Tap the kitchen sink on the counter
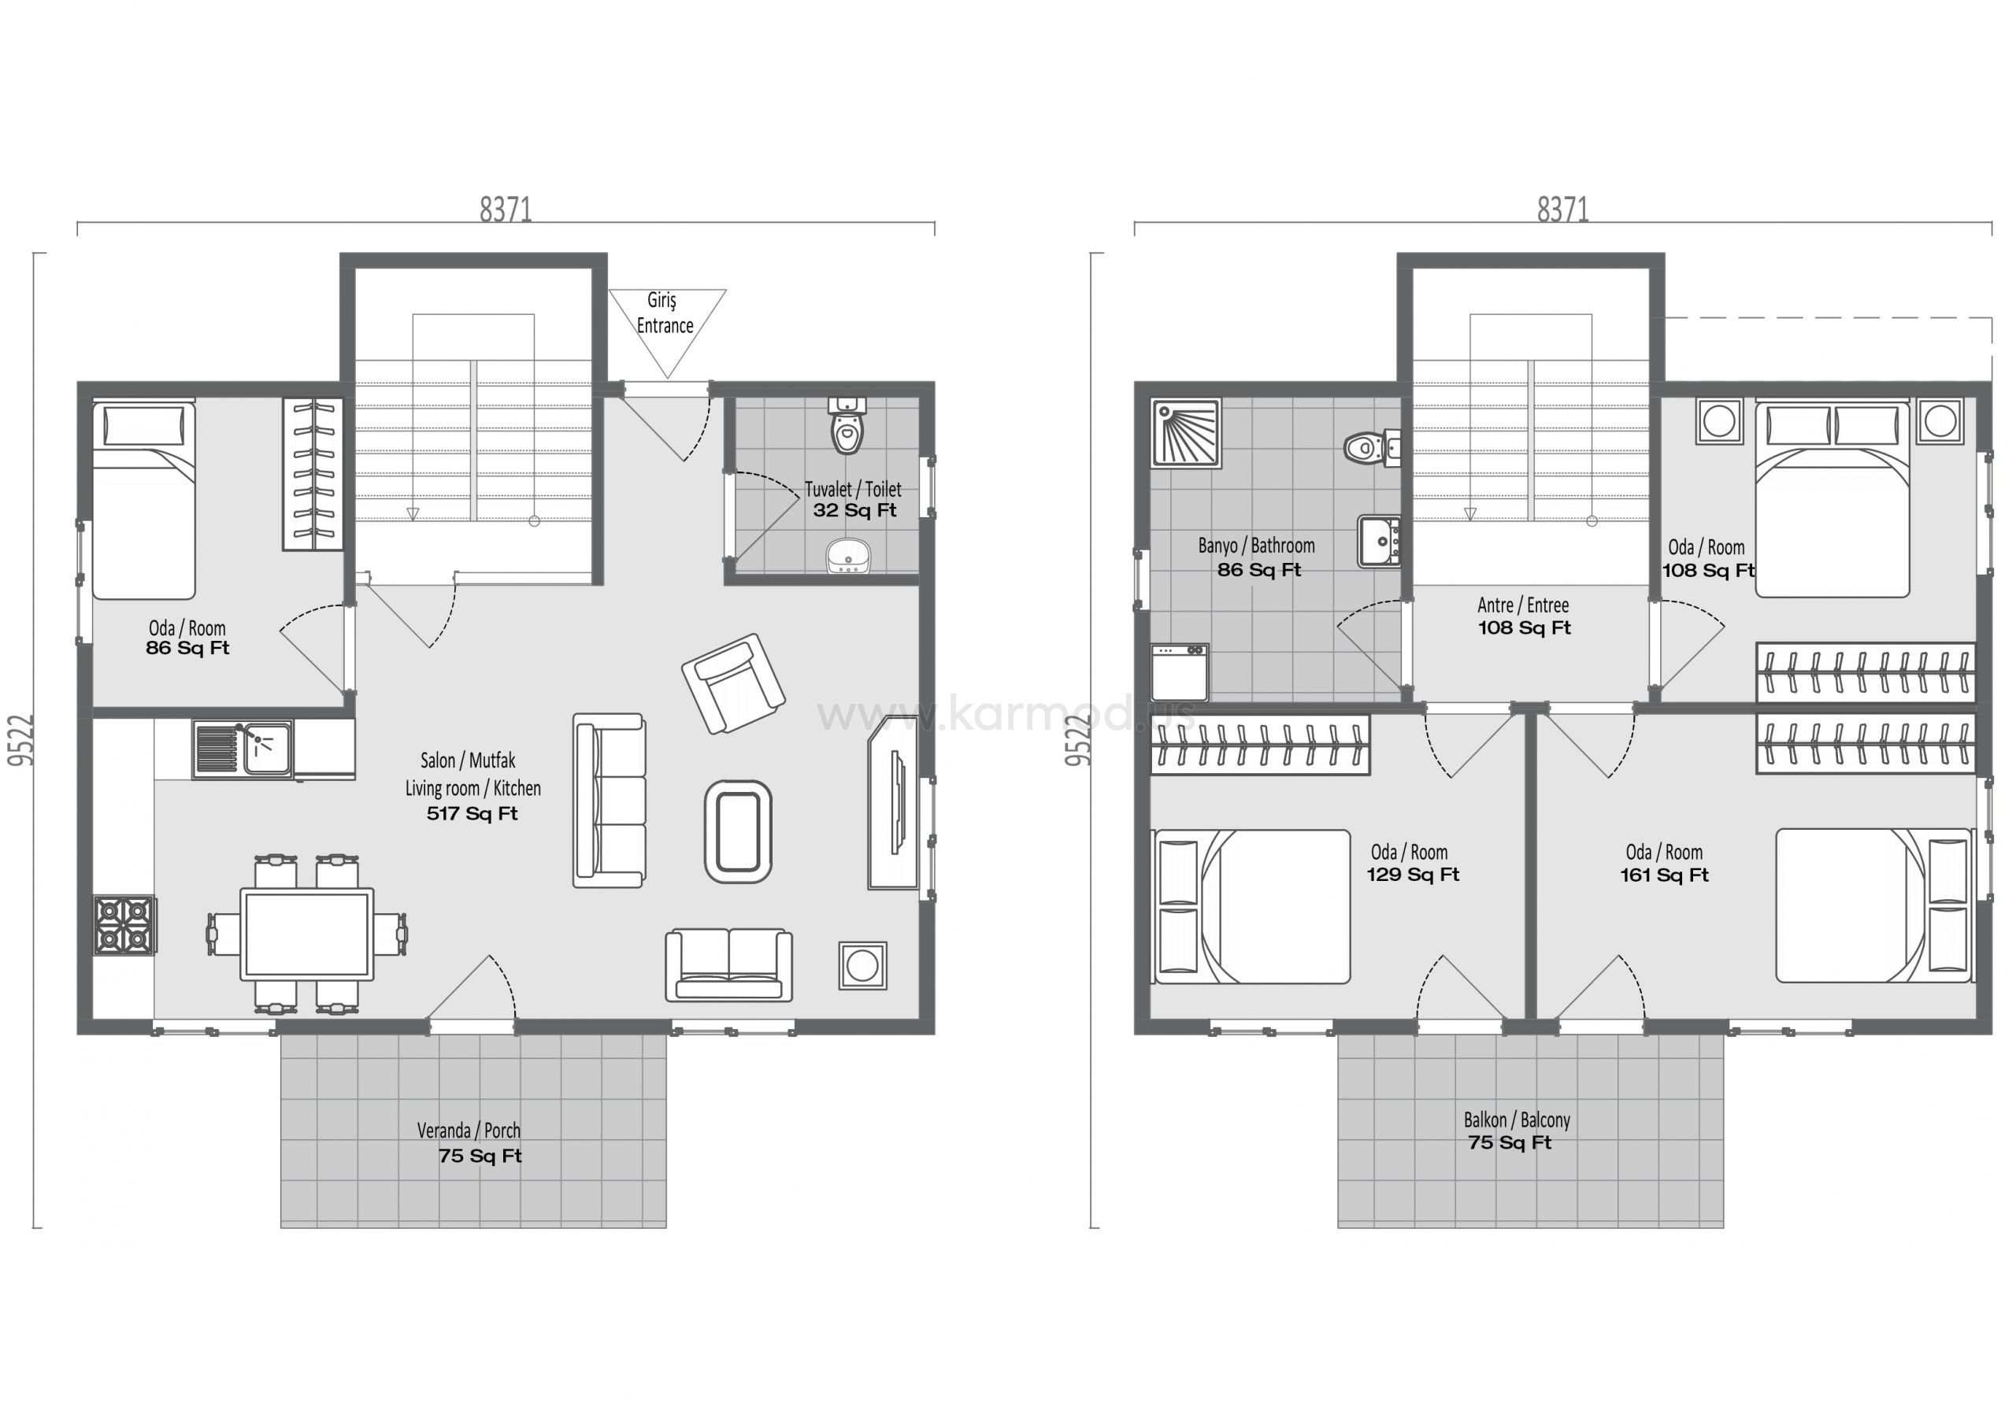point(243,750)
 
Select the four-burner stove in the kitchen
point(124,924)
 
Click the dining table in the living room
point(306,935)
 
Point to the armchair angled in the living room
point(733,683)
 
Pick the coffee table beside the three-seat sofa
point(738,831)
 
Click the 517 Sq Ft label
point(472,814)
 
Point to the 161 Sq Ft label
point(1664,875)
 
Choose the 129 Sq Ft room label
point(1413,875)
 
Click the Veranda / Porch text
point(469,1131)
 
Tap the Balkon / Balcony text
point(1517,1120)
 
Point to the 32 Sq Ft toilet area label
point(854,511)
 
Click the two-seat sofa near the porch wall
point(728,966)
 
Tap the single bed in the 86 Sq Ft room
point(144,501)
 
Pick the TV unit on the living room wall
point(895,802)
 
